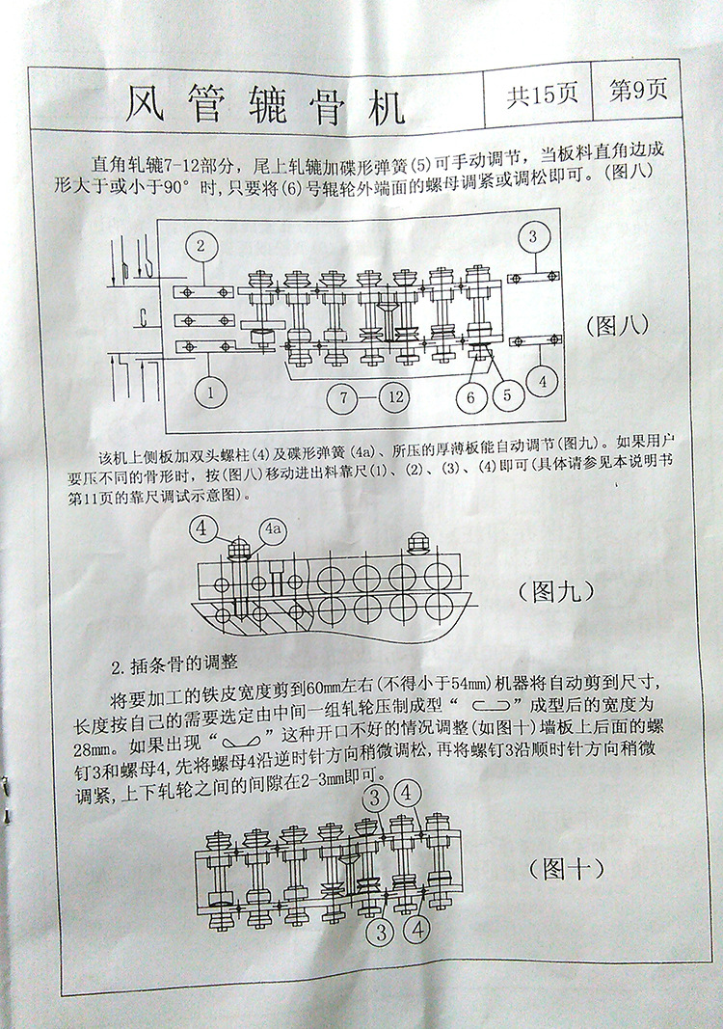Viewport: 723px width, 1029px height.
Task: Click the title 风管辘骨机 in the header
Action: (x=265, y=106)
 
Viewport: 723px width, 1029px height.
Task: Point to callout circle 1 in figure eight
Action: (x=210, y=393)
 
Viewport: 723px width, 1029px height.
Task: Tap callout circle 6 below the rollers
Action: (x=470, y=397)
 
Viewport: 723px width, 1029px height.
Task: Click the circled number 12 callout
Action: (x=395, y=396)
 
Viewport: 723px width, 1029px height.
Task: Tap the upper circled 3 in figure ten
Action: (x=374, y=798)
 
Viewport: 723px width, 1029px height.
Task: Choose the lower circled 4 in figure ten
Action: (x=417, y=930)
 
